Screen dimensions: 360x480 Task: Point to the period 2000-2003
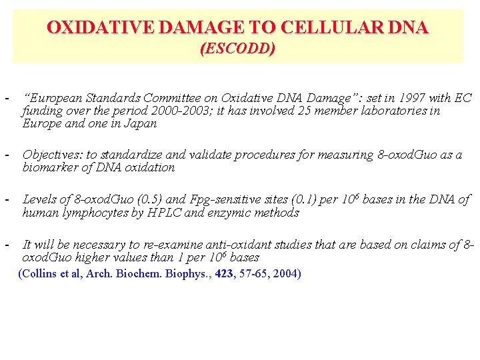(170, 111)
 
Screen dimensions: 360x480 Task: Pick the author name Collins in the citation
(42, 273)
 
